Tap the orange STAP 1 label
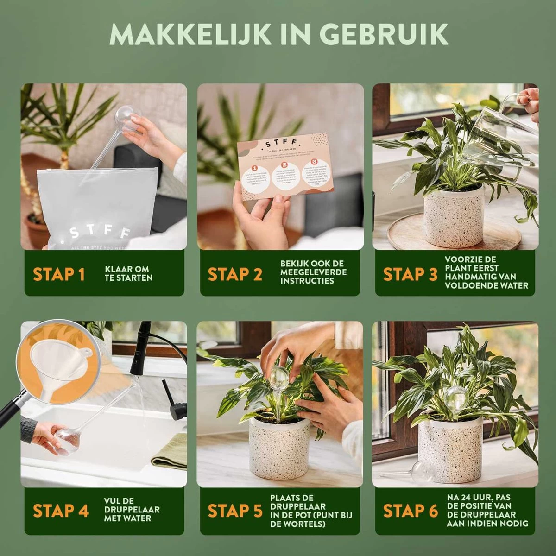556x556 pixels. pyautogui.click(x=59, y=274)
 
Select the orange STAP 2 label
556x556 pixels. pyautogui.click(x=235, y=274)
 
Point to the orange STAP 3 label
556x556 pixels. pyautogui.click(x=410, y=274)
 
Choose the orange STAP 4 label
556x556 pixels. pyautogui.click(x=61, y=511)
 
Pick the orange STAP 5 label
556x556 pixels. pyautogui.click(x=235, y=511)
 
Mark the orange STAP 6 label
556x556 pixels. pyautogui.click(x=410, y=511)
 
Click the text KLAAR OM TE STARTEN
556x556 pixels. pyautogui.click(x=128, y=274)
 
